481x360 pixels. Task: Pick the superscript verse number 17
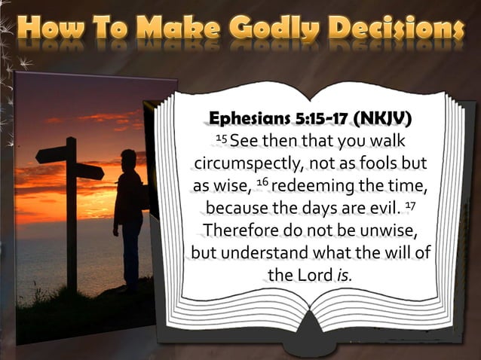[410, 203]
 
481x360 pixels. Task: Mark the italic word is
[343, 275]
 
